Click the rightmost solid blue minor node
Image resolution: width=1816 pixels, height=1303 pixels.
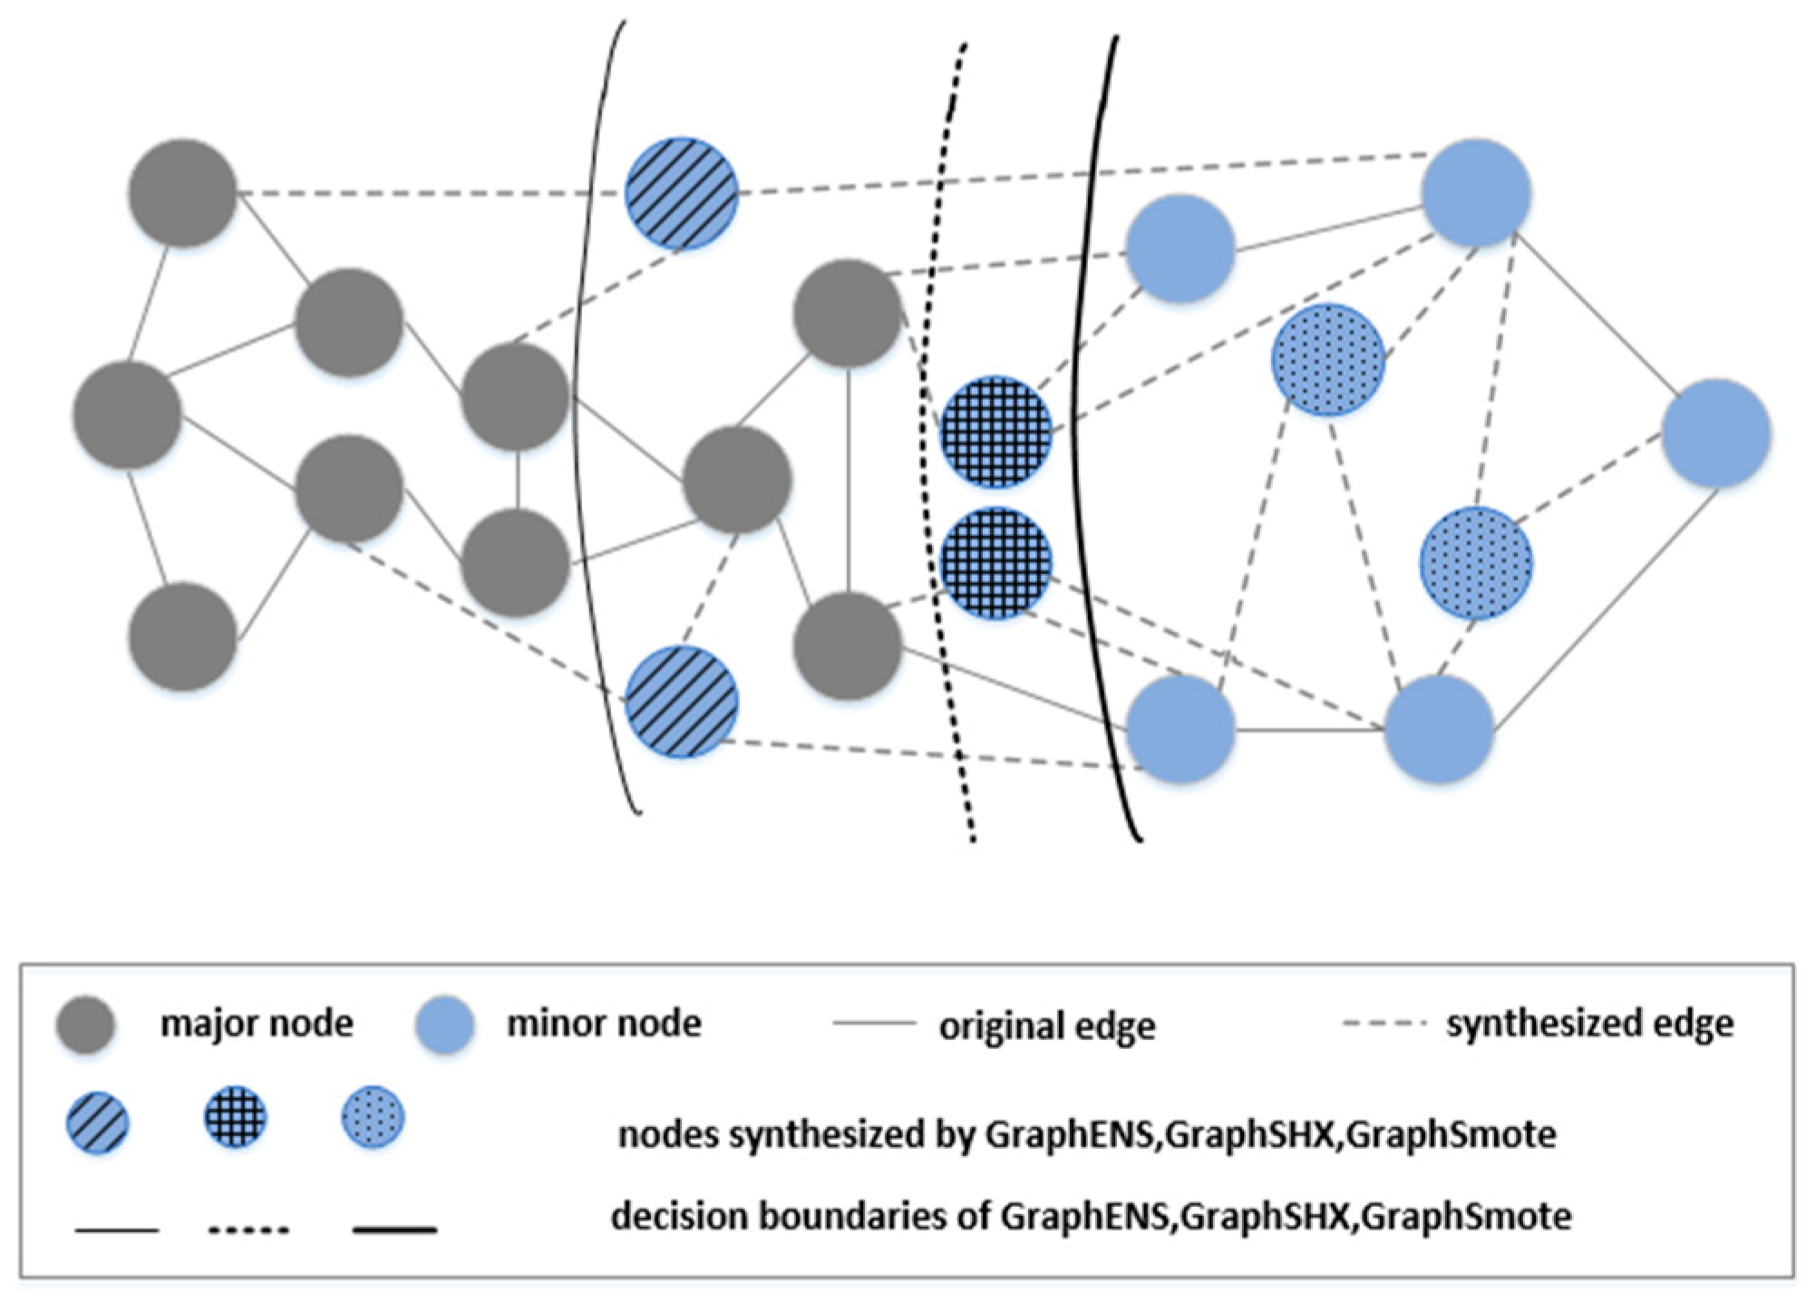[x=1716, y=433]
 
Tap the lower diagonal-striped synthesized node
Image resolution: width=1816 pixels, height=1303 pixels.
[x=682, y=701]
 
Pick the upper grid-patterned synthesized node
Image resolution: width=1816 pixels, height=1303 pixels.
[x=995, y=432]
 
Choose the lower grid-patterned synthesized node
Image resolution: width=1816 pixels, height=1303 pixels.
[x=995, y=563]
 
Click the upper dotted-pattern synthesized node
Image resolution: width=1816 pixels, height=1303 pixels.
[x=1328, y=360]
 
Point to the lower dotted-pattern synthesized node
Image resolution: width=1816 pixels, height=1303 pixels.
[x=1476, y=563]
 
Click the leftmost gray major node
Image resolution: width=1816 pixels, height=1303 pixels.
[x=127, y=414]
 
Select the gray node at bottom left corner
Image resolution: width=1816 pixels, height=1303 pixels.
[x=182, y=637]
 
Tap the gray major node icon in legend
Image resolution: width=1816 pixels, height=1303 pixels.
[x=85, y=1025]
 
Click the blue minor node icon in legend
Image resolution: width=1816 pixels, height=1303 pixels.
[x=444, y=1025]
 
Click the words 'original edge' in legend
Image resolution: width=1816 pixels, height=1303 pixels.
[x=1047, y=1026]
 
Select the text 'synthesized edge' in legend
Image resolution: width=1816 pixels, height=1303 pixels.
[x=1589, y=1023]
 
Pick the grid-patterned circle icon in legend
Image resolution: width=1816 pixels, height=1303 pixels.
[x=235, y=1117]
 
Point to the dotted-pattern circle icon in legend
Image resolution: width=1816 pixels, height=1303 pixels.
[x=373, y=1117]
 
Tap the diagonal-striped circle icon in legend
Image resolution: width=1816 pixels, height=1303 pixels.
[x=98, y=1122]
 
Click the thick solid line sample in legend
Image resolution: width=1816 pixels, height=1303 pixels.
[x=394, y=1230]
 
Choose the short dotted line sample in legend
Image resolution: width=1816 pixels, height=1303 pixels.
[x=248, y=1230]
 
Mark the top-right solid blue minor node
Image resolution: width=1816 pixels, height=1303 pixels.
[x=1476, y=193]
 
